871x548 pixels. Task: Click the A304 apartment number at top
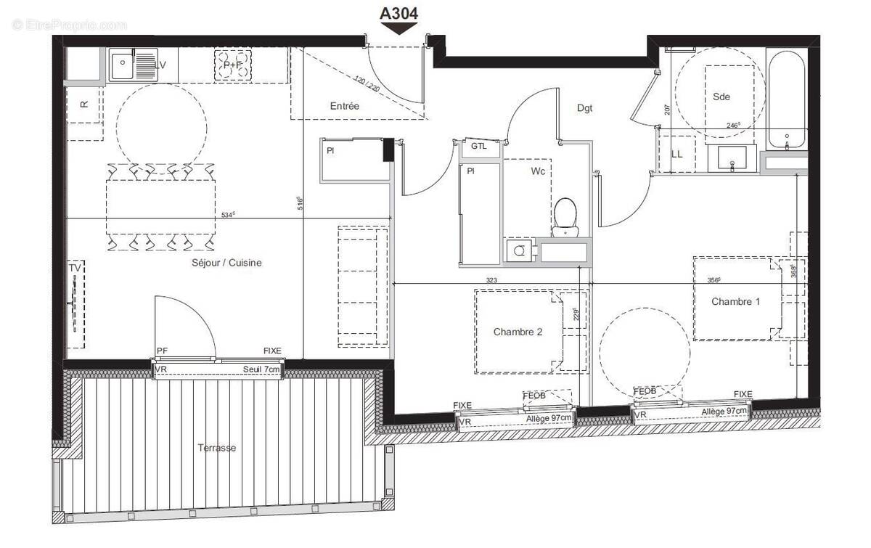click(x=398, y=12)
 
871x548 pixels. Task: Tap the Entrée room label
click(x=345, y=106)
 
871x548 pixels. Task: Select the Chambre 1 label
click(x=735, y=301)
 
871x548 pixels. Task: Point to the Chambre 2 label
click(x=518, y=332)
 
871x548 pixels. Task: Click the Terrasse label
click(x=217, y=448)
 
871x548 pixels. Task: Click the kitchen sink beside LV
click(x=122, y=65)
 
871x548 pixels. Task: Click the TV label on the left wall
click(x=74, y=269)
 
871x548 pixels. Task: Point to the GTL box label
click(x=479, y=146)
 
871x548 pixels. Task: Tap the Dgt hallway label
click(x=585, y=108)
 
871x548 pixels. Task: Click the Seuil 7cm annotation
click(x=261, y=369)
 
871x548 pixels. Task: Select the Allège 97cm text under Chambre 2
click(x=549, y=419)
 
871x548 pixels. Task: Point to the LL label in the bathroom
click(x=677, y=154)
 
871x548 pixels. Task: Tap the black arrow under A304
click(x=398, y=29)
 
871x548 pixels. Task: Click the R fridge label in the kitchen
click(x=84, y=104)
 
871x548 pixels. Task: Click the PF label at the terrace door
click(x=162, y=351)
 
